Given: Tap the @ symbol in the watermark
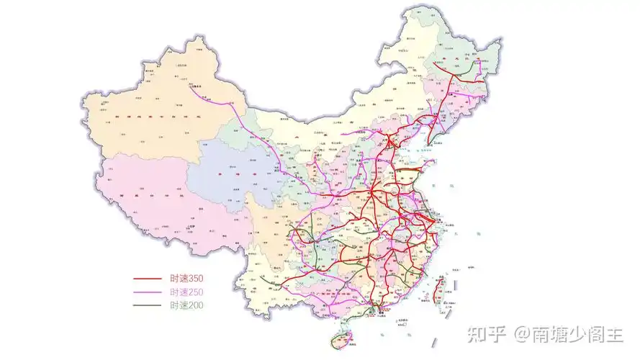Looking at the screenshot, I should (x=520, y=334).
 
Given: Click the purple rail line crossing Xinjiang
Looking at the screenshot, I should (x=238, y=115).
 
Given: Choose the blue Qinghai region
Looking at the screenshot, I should (x=230, y=173).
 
